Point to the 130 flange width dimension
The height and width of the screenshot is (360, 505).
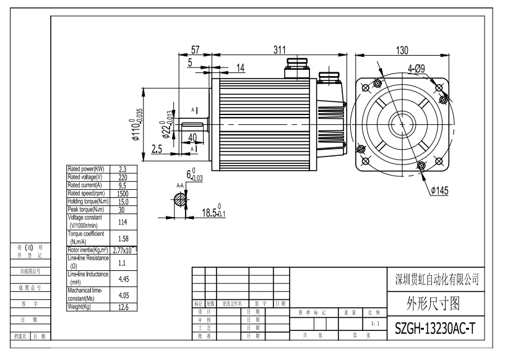402,50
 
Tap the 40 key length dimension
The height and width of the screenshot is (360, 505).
192,137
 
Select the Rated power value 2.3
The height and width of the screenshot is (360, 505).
123,168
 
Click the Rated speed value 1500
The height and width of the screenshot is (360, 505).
123,193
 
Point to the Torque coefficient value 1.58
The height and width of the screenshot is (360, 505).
123,238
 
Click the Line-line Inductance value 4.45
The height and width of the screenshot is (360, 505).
123,278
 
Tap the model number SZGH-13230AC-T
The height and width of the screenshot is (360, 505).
435,329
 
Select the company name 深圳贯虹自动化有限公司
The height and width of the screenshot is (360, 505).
437,280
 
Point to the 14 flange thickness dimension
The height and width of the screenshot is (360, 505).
240,67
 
